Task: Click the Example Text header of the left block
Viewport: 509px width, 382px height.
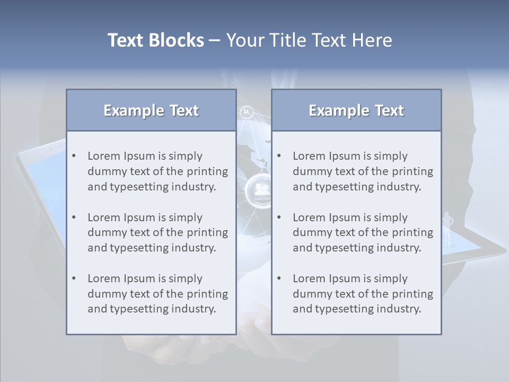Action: click(x=151, y=110)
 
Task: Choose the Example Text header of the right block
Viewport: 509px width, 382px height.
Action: click(x=356, y=110)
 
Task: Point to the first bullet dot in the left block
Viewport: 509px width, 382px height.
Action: click(x=74, y=156)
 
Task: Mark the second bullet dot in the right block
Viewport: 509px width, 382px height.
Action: click(x=279, y=218)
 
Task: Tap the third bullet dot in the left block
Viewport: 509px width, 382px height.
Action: click(x=74, y=279)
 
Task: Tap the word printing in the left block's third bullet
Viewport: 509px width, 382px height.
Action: click(x=208, y=294)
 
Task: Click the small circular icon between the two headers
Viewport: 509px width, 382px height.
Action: click(x=247, y=112)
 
